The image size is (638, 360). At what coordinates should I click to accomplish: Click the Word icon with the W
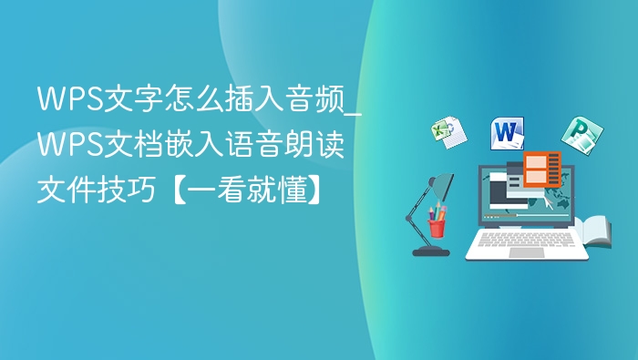pyautogui.click(x=508, y=133)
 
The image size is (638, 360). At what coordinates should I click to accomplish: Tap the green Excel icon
pyautogui.click(x=447, y=132)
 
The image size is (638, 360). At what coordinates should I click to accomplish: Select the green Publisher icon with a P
pyautogui.click(x=577, y=135)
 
